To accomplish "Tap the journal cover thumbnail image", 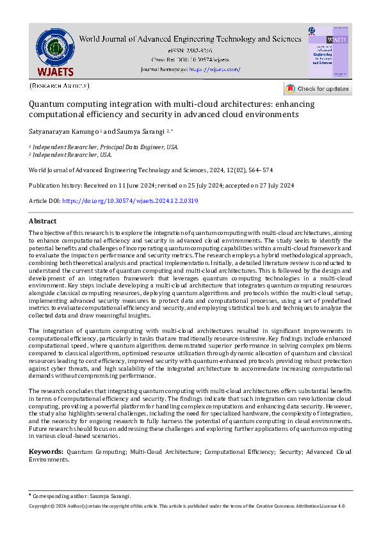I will tap(328, 53).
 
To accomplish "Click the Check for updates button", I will tap(318, 89).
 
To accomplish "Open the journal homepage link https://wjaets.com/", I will tap(215, 69).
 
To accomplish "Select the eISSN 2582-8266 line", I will tap(190, 50).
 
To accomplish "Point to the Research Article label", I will tap(60, 85).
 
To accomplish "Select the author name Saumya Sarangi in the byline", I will tap(139, 131).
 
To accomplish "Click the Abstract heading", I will tap(43, 221).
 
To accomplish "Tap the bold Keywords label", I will tap(45, 452).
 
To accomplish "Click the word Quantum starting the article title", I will tap(46, 104).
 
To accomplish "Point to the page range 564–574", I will tap(259, 170).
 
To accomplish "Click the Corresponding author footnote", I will tap(83, 496).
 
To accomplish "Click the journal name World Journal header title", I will tap(190, 39).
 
